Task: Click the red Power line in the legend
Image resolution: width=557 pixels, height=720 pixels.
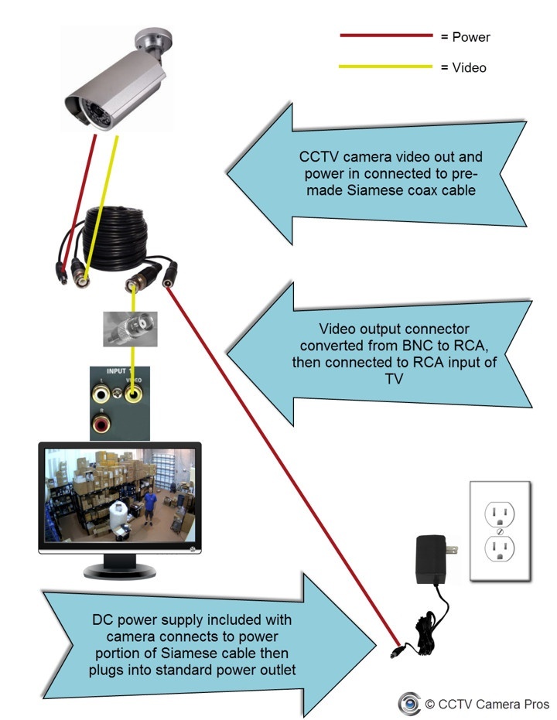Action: point(385,36)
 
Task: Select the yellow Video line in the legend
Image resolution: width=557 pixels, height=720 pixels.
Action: point(385,67)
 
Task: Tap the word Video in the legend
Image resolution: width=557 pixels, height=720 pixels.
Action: point(469,68)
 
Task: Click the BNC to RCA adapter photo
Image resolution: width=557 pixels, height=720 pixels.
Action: point(130,328)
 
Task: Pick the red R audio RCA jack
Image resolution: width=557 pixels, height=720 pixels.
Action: point(100,422)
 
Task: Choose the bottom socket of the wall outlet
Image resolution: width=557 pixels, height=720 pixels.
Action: point(499,550)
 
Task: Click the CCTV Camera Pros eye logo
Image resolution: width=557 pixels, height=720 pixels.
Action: point(408,703)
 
